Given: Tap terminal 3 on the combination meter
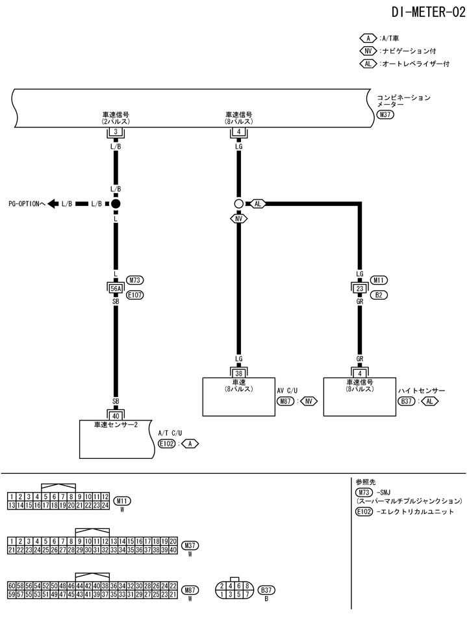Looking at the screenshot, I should [116, 132].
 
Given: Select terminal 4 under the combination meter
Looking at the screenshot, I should [239, 132].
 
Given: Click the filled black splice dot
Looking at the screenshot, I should [116, 204].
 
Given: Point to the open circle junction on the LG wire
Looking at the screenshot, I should [239, 204].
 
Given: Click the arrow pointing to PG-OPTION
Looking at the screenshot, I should [52, 204].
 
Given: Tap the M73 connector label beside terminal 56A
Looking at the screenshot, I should [135, 280].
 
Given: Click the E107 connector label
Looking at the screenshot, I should [135, 294].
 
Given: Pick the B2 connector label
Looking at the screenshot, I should [379, 294].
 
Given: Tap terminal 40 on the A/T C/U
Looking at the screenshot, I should [116, 415].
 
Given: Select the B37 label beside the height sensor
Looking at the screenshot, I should [406, 401].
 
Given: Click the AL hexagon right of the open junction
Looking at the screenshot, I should [258, 204].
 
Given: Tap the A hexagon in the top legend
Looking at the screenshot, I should [368, 38].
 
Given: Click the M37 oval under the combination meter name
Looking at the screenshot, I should [385, 114].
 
